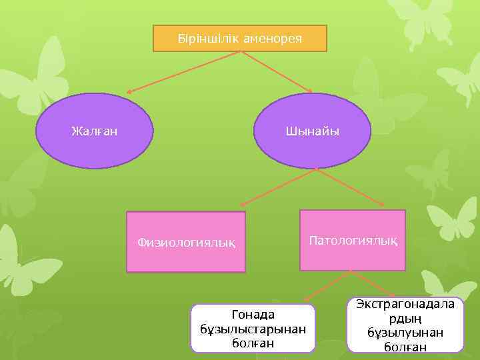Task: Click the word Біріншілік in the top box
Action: (204, 38)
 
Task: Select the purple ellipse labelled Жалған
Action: (94, 131)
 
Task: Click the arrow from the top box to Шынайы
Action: (276, 72)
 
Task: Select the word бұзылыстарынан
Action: (253, 329)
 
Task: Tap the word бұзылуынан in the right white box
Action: (405, 332)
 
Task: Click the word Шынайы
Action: (312, 131)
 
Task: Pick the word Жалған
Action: (94, 131)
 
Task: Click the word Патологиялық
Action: (353, 240)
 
